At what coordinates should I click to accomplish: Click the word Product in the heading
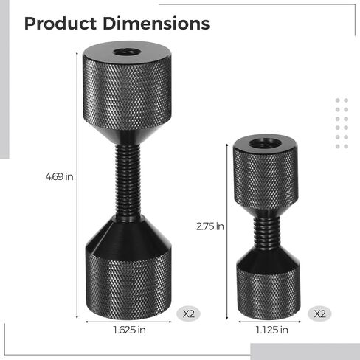60,24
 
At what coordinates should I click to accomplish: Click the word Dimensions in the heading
156,24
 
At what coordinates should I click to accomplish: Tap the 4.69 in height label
59,176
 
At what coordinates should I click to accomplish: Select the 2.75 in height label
210,226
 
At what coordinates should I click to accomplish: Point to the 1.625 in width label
129,330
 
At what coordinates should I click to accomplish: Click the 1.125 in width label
271,330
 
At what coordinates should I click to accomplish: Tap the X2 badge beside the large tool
189,314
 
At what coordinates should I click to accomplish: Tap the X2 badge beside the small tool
319,314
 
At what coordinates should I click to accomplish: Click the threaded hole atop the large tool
127,52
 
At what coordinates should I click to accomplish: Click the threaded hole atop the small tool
265,143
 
